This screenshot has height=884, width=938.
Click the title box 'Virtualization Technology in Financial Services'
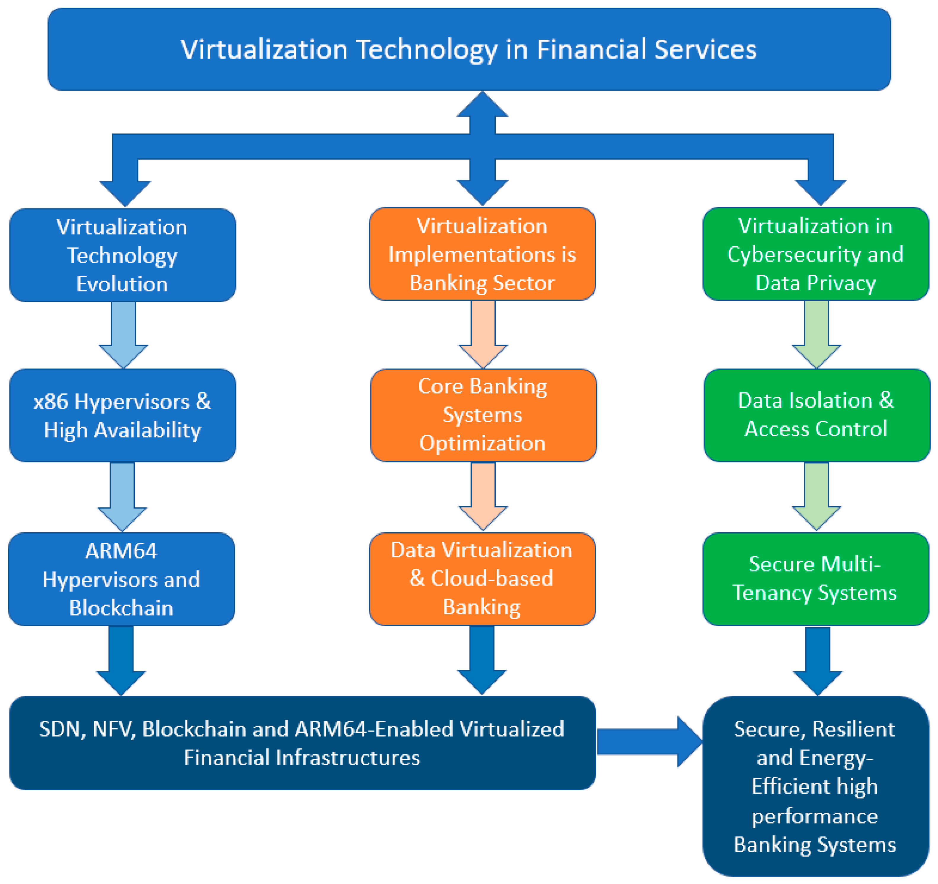(x=469, y=49)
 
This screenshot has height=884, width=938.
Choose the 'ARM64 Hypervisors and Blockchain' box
(x=122, y=579)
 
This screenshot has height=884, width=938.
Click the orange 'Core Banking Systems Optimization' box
(x=483, y=415)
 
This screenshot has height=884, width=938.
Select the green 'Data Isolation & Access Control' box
(x=817, y=415)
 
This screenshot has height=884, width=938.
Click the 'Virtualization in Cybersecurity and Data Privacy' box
(x=816, y=254)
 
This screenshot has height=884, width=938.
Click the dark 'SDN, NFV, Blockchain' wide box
(x=302, y=743)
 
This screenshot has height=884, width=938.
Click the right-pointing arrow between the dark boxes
(x=649, y=742)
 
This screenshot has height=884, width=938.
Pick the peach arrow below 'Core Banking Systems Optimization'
(x=483, y=495)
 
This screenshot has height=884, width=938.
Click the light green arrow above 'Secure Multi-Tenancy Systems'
(x=817, y=495)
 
